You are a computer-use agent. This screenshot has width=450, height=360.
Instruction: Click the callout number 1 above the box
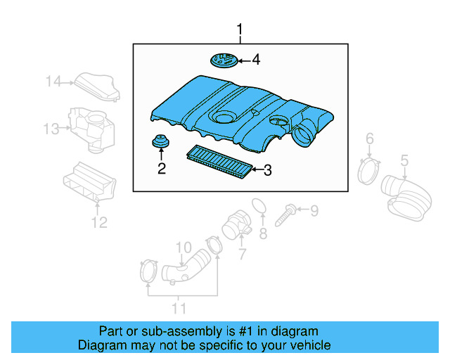pyautogui.click(x=240, y=30)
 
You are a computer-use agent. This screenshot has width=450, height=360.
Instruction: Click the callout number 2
pyautogui.click(x=162, y=168)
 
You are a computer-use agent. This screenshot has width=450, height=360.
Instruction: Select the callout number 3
pyautogui.click(x=267, y=169)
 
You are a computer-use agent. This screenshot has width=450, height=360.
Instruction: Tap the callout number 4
pyautogui.click(x=255, y=60)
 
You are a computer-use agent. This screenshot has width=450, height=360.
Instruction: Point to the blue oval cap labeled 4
pyautogui.click(x=224, y=60)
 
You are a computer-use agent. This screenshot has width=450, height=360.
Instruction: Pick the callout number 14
pyautogui.click(x=53, y=82)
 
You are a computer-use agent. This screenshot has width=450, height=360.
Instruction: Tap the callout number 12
pyautogui.click(x=99, y=223)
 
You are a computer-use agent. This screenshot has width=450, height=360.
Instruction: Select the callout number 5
pyautogui.click(x=404, y=162)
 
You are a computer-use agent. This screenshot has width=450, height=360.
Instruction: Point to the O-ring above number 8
pyautogui.click(x=259, y=205)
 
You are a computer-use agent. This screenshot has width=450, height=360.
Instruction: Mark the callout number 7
pyautogui.click(x=241, y=252)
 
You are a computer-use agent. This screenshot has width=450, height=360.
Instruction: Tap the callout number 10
pyautogui.click(x=183, y=247)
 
